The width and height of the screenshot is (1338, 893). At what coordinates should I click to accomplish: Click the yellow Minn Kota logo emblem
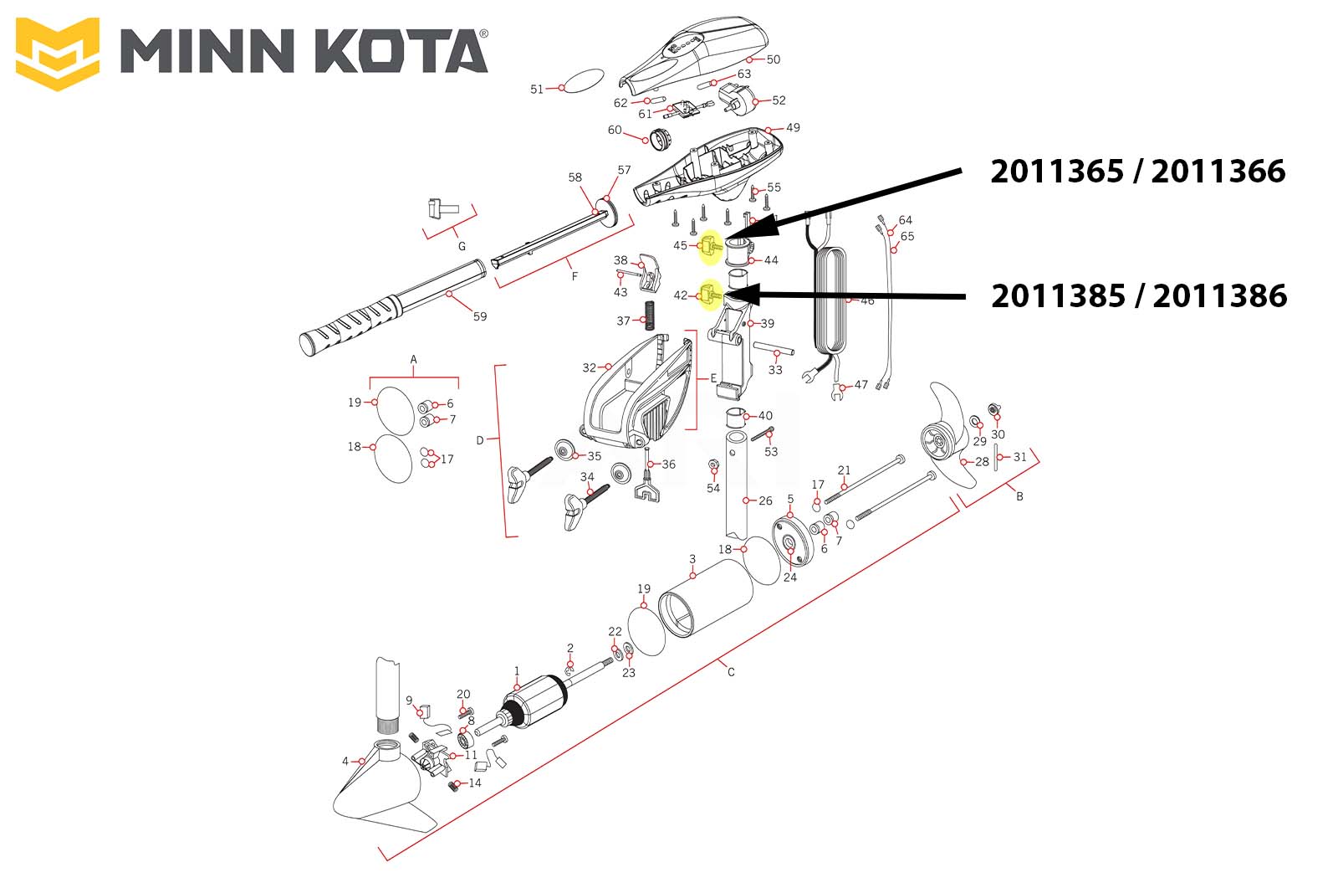[58, 54]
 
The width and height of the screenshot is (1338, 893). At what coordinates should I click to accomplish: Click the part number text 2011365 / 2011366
[1138, 172]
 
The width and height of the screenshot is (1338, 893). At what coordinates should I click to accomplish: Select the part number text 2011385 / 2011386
[1139, 296]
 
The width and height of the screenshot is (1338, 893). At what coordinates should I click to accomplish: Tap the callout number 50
[773, 59]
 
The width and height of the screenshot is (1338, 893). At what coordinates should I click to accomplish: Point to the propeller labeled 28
[950, 436]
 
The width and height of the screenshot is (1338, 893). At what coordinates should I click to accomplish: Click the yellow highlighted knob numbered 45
[711, 246]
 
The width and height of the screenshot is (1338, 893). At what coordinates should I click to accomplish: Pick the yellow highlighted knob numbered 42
[711, 295]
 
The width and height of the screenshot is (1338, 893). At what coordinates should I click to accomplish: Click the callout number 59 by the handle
[480, 316]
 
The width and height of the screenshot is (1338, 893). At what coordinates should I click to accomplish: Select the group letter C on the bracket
[731, 672]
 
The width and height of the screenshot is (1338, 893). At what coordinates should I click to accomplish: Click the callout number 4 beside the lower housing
[345, 761]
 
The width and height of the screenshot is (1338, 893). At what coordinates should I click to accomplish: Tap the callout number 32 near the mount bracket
[589, 367]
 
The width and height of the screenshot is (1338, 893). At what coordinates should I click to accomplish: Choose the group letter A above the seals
[413, 359]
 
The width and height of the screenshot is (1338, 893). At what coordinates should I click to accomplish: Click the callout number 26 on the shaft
[765, 500]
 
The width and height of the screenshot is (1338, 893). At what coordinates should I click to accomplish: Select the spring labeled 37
[650, 316]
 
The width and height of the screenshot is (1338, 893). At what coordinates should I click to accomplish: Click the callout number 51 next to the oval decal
[536, 89]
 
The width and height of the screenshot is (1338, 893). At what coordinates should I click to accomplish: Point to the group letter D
[480, 440]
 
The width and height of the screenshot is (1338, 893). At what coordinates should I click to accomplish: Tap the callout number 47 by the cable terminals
[861, 384]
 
